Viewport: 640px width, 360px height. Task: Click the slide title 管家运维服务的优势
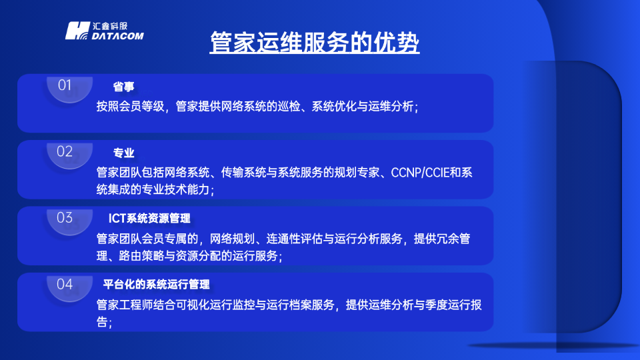(315, 43)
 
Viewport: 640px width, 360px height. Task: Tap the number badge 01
(65, 85)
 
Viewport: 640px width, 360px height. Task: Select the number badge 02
(65, 151)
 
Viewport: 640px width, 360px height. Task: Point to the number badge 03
(65, 218)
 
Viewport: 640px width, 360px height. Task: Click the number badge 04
(65, 284)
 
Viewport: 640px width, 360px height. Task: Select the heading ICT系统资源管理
(150, 219)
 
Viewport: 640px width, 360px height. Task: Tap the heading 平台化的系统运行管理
(157, 285)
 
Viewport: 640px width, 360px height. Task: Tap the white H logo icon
(77, 31)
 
